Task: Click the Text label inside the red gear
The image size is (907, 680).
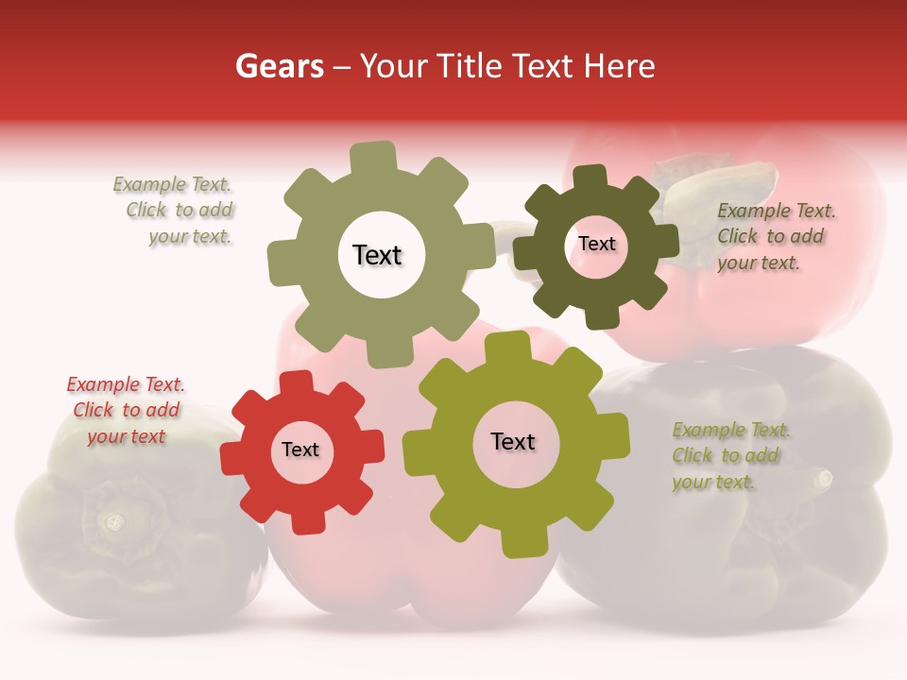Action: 300,450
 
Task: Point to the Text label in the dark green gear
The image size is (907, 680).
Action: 597,244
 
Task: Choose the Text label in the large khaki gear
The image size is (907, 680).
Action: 377,255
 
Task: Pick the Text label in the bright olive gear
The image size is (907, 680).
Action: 513,441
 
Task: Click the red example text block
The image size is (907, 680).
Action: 127,411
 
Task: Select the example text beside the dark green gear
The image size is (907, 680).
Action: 776,236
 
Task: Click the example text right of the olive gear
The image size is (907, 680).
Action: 730,455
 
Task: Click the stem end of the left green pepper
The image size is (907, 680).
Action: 113,520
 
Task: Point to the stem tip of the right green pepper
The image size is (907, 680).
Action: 824,478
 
